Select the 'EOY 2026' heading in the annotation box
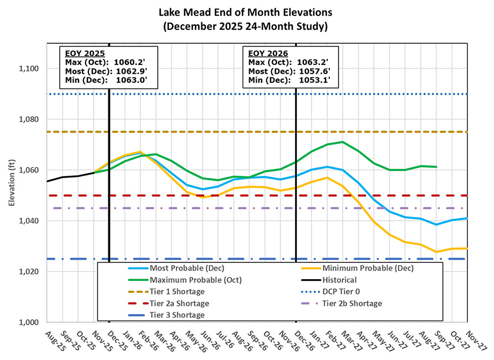click(268, 54)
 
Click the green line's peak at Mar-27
click(342, 142)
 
